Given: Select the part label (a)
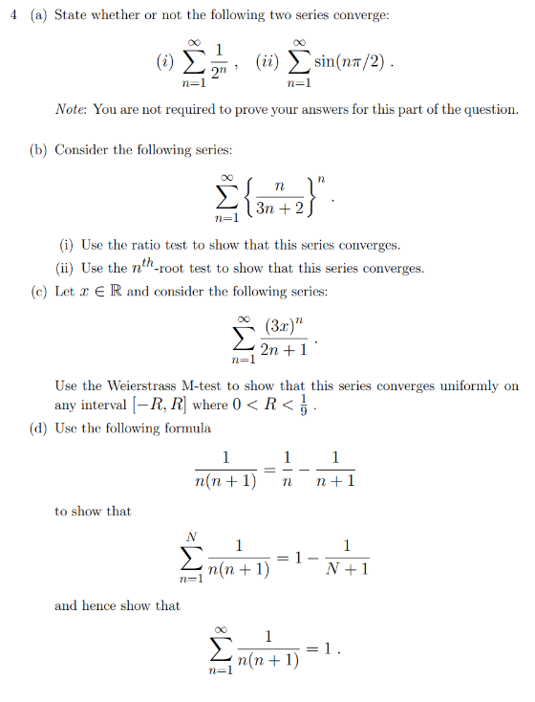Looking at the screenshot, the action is [38, 17].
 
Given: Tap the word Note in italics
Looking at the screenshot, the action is [71, 109].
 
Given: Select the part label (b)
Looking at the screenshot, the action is [39, 150].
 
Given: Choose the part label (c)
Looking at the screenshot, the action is [38, 291].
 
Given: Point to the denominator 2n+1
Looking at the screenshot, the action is [285, 351].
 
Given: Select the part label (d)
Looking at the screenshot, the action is [39, 428].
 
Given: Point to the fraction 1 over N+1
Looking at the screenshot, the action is [347, 558].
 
